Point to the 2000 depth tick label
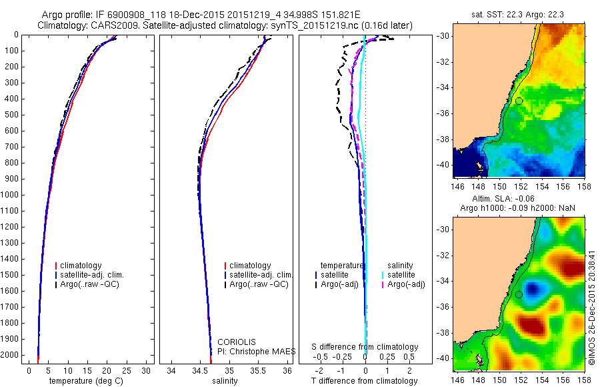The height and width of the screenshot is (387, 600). coord(12,356)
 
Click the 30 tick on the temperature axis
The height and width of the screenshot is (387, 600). coord(147,370)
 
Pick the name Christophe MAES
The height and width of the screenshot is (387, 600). coord(257,350)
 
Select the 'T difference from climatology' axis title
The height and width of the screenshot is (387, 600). coord(365,381)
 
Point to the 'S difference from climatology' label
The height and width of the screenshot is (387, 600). coord(365,347)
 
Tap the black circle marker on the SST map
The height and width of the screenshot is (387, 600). coord(519,101)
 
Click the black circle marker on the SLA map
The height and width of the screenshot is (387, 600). coord(519,294)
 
